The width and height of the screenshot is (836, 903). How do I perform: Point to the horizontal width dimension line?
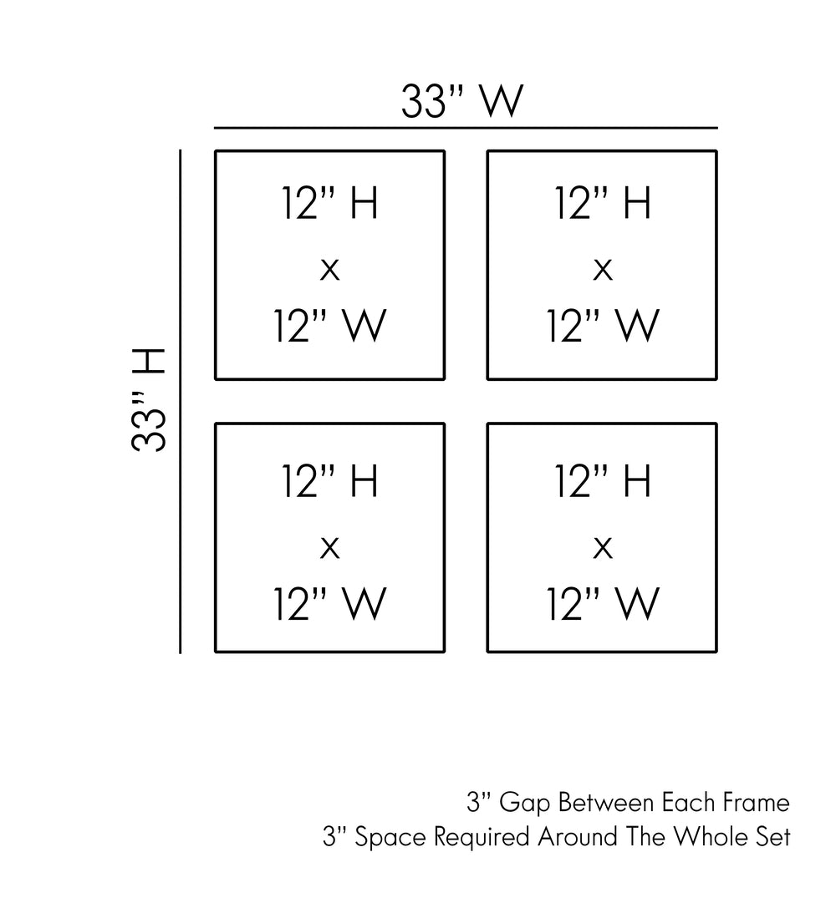click(x=466, y=128)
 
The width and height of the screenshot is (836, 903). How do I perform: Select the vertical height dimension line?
click(x=181, y=401)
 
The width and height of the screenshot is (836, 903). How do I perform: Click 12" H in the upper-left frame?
click(x=330, y=205)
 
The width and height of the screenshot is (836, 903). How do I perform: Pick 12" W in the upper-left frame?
click(x=330, y=326)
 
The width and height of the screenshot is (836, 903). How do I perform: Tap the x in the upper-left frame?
click(x=330, y=270)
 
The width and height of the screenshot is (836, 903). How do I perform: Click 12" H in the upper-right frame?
click(x=603, y=205)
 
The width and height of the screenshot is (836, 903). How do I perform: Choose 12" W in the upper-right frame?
click(x=603, y=326)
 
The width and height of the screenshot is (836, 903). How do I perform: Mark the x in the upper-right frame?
click(x=603, y=270)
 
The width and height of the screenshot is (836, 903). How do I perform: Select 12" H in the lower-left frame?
click(x=330, y=482)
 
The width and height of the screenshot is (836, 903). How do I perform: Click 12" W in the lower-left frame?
click(x=330, y=603)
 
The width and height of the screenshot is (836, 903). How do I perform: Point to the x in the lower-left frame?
click(x=330, y=548)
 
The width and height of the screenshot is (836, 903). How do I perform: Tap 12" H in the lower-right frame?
click(x=603, y=482)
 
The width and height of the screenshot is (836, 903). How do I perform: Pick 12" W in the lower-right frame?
click(x=603, y=603)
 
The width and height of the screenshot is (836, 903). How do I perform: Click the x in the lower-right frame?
click(x=603, y=548)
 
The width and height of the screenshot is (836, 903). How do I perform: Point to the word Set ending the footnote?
click(x=772, y=837)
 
